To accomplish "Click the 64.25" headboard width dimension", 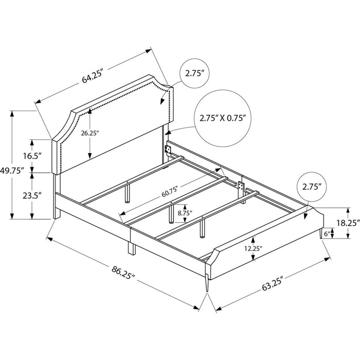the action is click(x=92, y=76).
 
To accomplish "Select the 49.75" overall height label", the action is click(x=12, y=171).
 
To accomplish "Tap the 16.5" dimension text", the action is click(x=32, y=156).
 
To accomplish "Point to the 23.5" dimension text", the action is click(x=32, y=195).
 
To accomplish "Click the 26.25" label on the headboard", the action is click(x=89, y=133).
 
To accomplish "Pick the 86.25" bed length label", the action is click(x=123, y=272).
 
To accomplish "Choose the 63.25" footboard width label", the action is click(x=272, y=284).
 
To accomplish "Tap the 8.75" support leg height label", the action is click(x=185, y=213).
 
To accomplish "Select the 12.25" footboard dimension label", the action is click(x=253, y=248).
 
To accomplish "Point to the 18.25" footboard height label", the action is click(x=348, y=223).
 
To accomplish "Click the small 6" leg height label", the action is click(x=327, y=234).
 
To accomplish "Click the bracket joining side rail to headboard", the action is click(x=169, y=149).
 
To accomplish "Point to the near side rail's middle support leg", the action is click(x=132, y=249).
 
